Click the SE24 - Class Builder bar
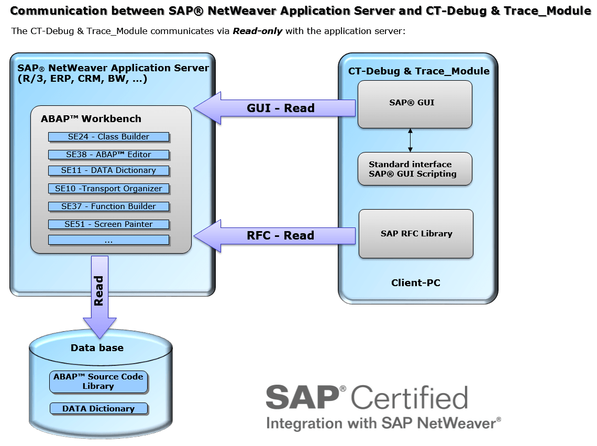click(108, 137)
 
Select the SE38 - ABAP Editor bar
click(108, 155)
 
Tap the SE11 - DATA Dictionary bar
click(108, 170)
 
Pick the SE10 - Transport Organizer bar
click(108, 189)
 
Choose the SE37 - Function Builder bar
click(108, 206)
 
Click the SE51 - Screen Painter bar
click(108, 224)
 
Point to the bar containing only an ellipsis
click(108, 240)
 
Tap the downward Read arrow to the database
click(99, 293)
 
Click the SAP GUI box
click(415, 103)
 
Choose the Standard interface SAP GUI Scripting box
click(415, 169)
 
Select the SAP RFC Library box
click(416, 234)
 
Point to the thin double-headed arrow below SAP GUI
click(410, 140)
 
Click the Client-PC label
click(416, 283)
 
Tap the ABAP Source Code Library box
click(98, 382)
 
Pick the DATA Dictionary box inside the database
click(98, 409)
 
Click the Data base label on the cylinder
click(97, 347)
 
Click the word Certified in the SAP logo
click(410, 398)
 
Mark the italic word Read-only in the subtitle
click(258, 31)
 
